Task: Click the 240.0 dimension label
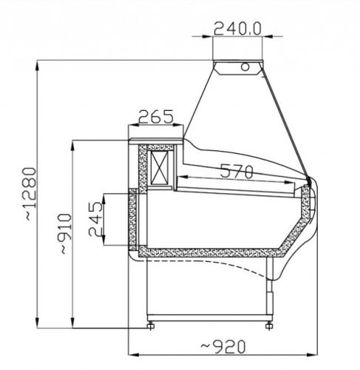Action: (x=237, y=28)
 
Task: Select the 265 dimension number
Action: (x=156, y=117)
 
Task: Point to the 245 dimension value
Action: (x=95, y=219)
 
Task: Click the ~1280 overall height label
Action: (x=30, y=194)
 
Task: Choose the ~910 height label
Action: (x=66, y=234)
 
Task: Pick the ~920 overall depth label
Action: (x=223, y=346)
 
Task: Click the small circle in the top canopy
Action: (x=245, y=67)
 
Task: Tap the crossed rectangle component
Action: (x=160, y=167)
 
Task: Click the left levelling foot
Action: (x=150, y=326)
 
